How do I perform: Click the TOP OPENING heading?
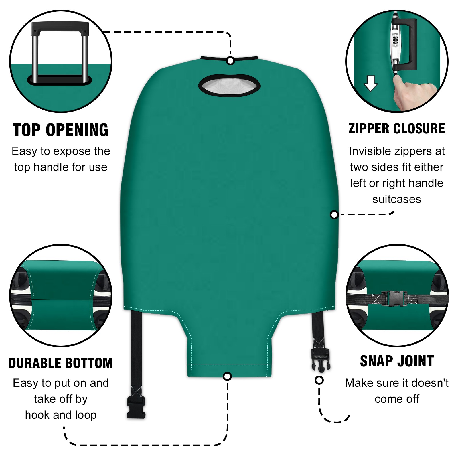tap(61, 130)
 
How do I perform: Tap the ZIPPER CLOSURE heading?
tap(397, 129)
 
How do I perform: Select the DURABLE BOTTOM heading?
tap(61, 363)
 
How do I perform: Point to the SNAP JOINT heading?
tap(397, 361)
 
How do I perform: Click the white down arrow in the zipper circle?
tap(371, 83)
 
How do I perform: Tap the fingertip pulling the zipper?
tap(397, 79)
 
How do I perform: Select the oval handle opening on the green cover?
tap(229, 86)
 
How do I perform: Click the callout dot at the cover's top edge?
tap(230, 61)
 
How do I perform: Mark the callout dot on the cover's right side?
tap(334, 214)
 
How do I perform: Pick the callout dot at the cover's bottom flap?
tap(227, 376)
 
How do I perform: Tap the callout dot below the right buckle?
tap(319, 380)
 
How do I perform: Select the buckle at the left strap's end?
tap(136, 407)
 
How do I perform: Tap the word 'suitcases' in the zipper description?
tap(397, 199)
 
